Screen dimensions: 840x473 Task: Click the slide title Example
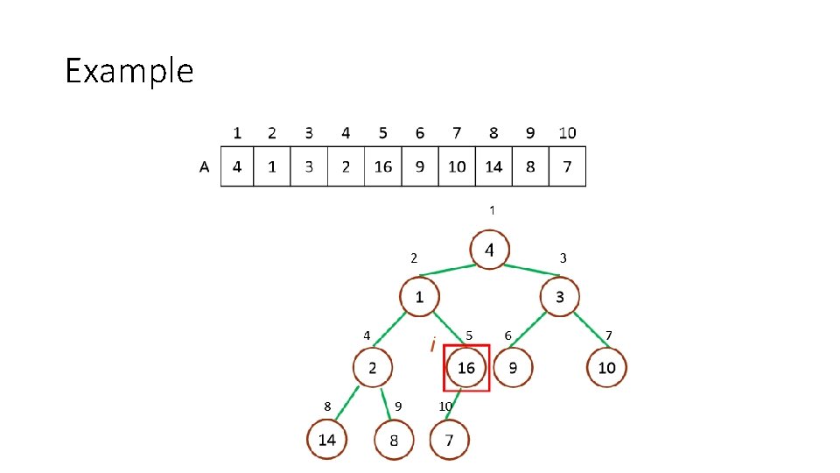coord(129,70)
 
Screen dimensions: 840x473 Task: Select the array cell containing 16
coord(383,166)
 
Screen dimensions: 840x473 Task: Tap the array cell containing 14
coord(493,166)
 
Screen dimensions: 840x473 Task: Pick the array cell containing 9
coord(420,166)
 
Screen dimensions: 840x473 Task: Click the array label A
coord(205,167)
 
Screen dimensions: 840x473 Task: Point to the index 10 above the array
coord(567,133)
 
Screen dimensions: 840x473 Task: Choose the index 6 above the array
coord(420,133)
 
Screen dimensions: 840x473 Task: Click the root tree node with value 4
coord(490,251)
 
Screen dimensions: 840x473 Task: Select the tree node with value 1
coord(420,297)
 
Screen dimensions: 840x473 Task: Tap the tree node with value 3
coord(560,297)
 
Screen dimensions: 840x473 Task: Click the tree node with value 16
coord(465,368)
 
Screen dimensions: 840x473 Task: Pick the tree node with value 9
coord(513,368)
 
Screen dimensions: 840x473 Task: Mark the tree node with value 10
coord(606,368)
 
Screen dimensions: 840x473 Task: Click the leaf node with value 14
coord(326,439)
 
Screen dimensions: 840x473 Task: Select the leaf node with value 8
coord(394,440)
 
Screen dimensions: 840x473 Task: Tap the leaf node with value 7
coord(450,440)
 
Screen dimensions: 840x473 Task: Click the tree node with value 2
coord(373,368)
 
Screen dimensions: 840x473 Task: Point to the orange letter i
coord(432,345)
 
